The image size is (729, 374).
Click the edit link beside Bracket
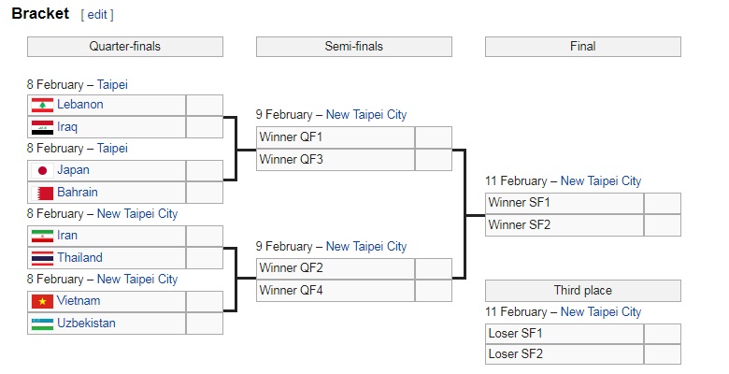pyautogui.click(x=97, y=15)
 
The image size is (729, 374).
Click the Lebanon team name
pyautogui.click(x=80, y=104)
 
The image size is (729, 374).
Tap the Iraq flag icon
pyautogui.click(x=42, y=127)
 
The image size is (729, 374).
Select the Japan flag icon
pyautogui.click(x=42, y=171)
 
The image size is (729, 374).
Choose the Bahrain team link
pyautogui.click(x=78, y=192)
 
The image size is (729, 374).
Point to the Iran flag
pyautogui.click(x=42, y=237)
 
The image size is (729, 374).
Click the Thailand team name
pyautogui.click(x=79, y=258)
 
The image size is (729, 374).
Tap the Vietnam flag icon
pyautogui.click(x=42, y=301)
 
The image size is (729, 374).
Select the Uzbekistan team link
pyautogui.click(x=86, y=323)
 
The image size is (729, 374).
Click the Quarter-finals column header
pyautogui.click(x=125, y=47)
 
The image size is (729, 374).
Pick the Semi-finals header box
pyautogui.click(x=354, y=47)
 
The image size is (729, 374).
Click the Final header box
pyautogui.click(x=583, y=47)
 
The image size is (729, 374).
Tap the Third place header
pyautogui.click(x=583, y=291)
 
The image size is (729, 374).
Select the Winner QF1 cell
pyautogui.click(x=336, y=137)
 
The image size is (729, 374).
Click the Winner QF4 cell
pyautogui.click(x=336, y=291)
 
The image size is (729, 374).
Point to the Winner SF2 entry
pyautogui.click(x=565, y=225)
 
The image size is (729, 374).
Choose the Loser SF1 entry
pyautogui.click(x=565, y=334)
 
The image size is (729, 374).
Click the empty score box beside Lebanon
pyautogui.click(x=205, y=106)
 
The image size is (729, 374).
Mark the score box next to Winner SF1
pyautogui.click(x=663, y=204)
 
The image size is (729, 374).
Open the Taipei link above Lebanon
pyautogui.click(x=112, y=85)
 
